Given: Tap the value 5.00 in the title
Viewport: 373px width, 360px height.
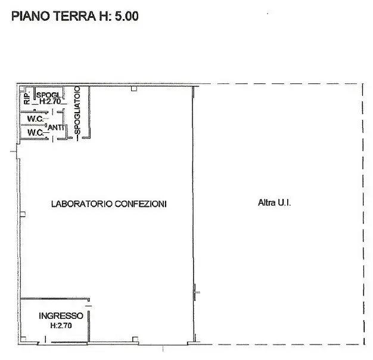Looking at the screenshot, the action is [x=126, y=16].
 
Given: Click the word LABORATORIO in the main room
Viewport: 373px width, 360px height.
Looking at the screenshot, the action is [x=82, y=204].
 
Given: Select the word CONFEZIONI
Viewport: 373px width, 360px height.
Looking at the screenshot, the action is [x=141, y=204].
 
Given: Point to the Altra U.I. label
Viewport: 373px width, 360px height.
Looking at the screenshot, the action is [x=274, y=203].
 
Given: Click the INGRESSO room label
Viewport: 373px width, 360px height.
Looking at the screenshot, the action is [x=61, y=316].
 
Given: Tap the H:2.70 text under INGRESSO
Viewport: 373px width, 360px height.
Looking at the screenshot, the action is [x=61, y=325].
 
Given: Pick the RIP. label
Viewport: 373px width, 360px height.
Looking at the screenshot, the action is [x=27, y=98].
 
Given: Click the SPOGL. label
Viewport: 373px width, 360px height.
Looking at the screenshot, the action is [x=49, y=95].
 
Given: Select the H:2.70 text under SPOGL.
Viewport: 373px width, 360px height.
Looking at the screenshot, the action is [x=50, y=101].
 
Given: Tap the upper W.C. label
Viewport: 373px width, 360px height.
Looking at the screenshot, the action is [x=35, y=119].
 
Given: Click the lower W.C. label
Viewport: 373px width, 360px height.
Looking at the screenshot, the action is [x=35, y=132].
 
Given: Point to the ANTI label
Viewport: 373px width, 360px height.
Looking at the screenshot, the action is [x=55, y=128].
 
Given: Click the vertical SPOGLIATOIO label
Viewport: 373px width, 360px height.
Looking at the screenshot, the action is [x=77, y=110].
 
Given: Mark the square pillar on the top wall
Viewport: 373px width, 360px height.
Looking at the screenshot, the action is [x=134, y=89].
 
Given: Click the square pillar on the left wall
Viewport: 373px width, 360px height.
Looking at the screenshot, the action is [x=23, y=215].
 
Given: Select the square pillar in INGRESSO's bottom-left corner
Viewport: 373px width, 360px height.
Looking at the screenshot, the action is [x=23, y=339].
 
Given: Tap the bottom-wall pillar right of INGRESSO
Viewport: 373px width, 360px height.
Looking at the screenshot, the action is [x=135, y=339].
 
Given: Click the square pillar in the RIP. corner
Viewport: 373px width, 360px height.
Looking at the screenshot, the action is [x=22, y=89].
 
